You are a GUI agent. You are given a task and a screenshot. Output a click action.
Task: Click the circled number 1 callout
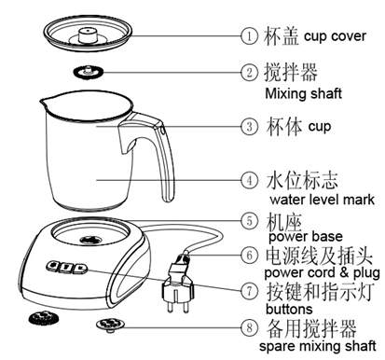[x=249, y=36]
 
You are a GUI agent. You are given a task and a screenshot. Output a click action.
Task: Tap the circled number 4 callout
[x=249, y=180]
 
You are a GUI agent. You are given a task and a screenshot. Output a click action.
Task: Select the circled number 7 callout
[x=249, y=291]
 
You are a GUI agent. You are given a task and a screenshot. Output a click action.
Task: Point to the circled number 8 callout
[x=249, y=327]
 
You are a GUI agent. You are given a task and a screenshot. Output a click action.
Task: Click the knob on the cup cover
[x=88, y=35]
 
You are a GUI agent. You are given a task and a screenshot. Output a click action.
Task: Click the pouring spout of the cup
[x=44, y=102]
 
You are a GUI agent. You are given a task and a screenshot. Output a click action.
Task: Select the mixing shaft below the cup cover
[x=88, y=72]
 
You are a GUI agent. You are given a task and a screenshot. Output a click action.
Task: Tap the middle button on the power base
[x=66, y=267]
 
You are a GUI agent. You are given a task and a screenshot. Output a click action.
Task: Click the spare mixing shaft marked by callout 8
[x=110, y=325]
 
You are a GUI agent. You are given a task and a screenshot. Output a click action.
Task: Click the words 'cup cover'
[x=335, y=36]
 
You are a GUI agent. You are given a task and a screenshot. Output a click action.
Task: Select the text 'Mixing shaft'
[x=303, y=93]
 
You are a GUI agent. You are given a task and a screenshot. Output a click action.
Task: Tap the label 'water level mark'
[x=323, y=200]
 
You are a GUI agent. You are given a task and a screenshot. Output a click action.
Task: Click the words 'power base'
[x=306, y=237]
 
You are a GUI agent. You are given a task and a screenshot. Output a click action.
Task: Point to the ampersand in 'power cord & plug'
[x=344, y=272]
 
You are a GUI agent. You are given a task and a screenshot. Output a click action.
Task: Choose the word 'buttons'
[x=289, y=309]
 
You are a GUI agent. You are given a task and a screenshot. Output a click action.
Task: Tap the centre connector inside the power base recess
[x=90, y=240]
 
